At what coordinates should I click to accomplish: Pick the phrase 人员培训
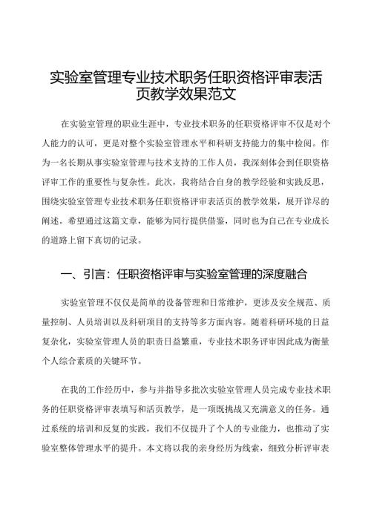(94, 323)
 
